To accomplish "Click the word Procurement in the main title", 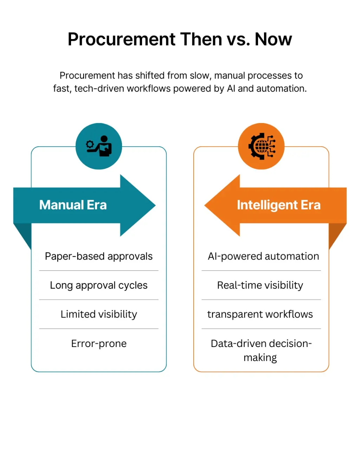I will (121, 39).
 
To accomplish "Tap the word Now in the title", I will (273, 39).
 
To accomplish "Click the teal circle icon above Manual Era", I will (99, 146).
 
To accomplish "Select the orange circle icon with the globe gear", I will (261, 146).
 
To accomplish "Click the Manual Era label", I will (73, 205).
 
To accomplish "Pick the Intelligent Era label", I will (278, 205).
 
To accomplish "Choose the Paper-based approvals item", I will (99, 256).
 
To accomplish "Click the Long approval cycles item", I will (99, 285).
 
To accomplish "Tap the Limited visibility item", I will (99, 314).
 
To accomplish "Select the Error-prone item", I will (99, 343).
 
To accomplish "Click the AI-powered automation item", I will (263, 256).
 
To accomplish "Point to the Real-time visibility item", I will (260, 285).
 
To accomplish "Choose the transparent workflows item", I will (260, 314).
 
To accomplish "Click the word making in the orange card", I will (260, 358).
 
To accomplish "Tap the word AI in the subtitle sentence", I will (231, 89).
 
